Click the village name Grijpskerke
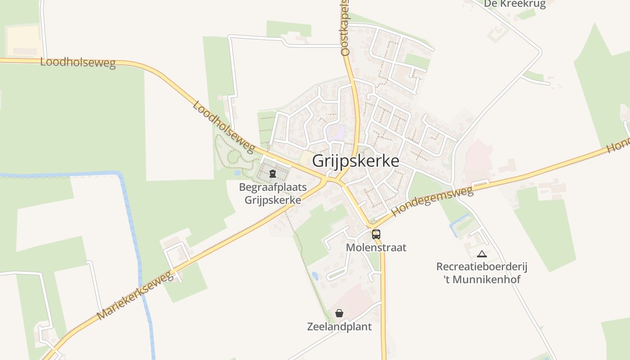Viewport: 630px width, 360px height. click(x=355, y=161)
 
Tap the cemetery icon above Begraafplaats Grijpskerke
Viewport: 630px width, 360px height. click(x=273, y=173)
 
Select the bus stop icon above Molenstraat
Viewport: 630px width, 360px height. click(x=376, y=234)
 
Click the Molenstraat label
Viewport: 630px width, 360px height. click(x=376, y=247)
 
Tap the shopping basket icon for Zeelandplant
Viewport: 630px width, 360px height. click(x=339, y=313)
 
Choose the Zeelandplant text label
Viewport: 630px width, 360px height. click(x=339, y=327)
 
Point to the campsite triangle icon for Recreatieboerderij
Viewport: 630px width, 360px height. click(x=482, y=254)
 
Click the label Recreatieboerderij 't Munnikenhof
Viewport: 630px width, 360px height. click(x=481, y=273)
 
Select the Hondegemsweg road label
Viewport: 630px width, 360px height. click(x=432, y=201)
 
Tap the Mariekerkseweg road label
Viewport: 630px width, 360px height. click(x=135, y=295)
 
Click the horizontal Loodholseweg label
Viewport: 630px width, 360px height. click(x=78, y=63)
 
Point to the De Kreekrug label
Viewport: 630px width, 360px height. click(x=515, y=4)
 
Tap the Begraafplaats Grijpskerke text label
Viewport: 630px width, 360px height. click(x=273, y=193)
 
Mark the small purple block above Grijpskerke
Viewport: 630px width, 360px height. click(x=336, y=132)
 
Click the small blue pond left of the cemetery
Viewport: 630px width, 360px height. click(x=237, y=173)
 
